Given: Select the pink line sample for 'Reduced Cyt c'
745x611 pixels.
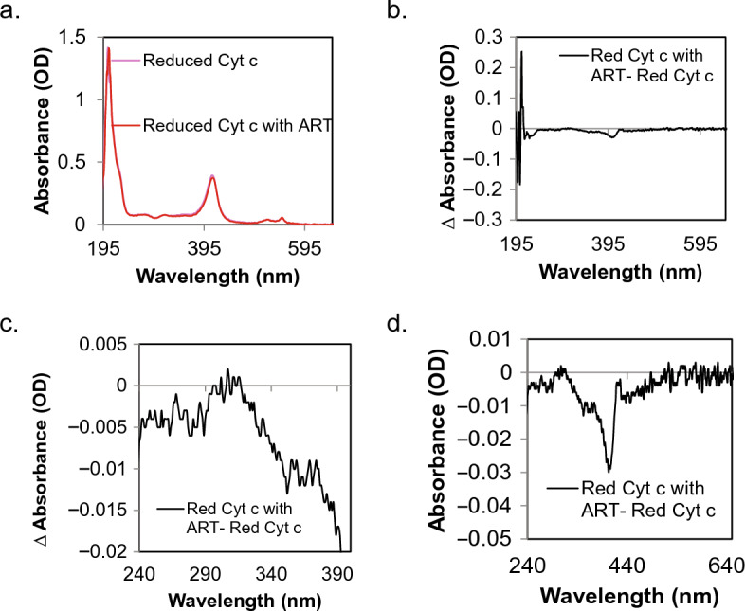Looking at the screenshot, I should [x=127, y=63].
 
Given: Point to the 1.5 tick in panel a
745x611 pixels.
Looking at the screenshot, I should [x=83, y=36].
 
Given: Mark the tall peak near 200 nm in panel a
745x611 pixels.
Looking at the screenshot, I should [x=108, y=48].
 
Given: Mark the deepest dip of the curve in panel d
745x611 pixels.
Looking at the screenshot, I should [x=609, y=470].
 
